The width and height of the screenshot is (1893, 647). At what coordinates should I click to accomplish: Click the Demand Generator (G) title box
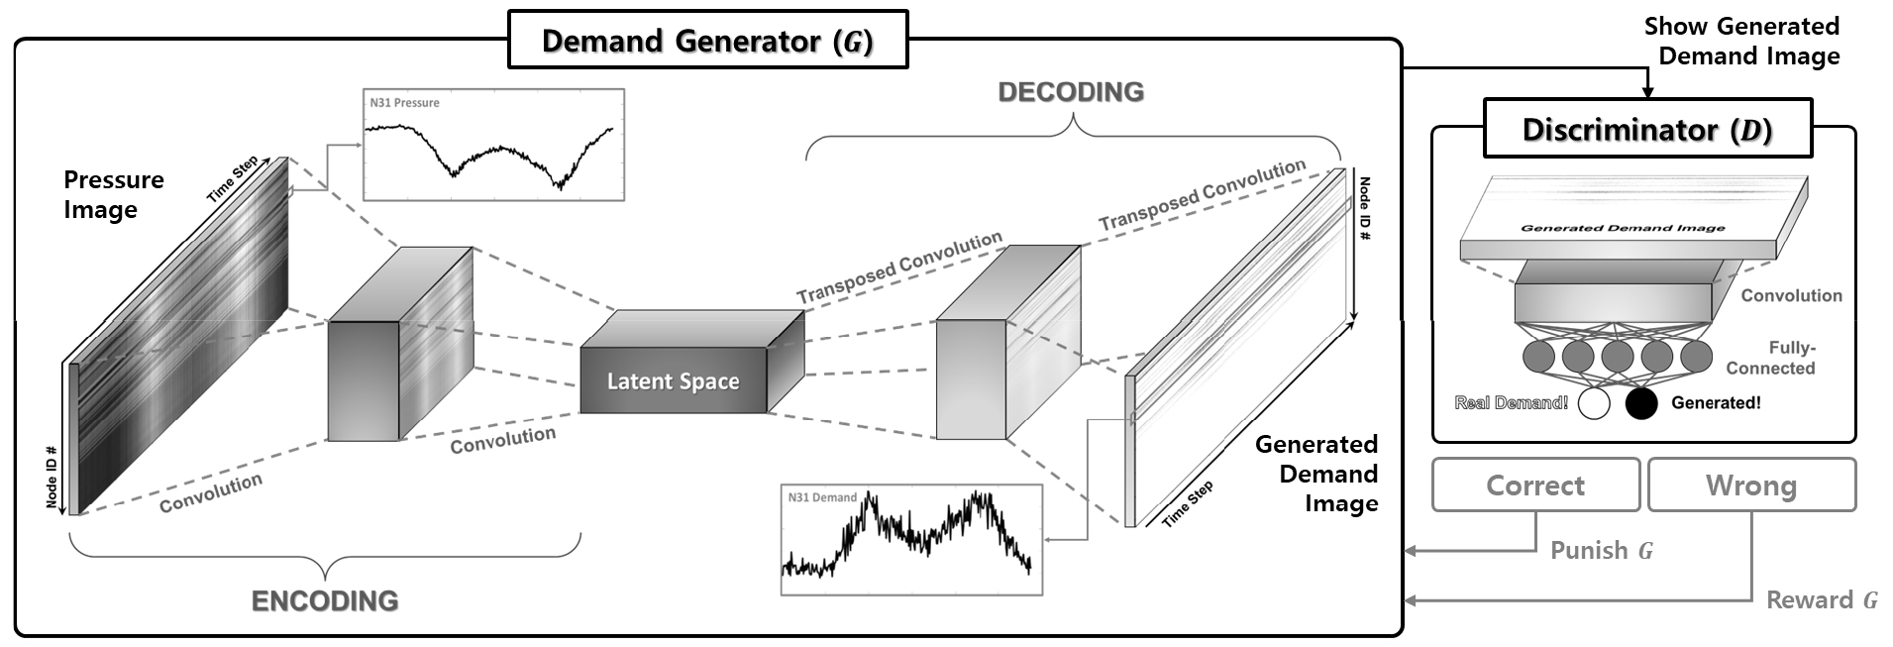[x=707, y=41]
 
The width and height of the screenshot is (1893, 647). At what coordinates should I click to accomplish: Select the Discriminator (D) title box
[x=1646, y=130]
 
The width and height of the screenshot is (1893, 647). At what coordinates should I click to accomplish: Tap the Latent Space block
[x=674, y=381]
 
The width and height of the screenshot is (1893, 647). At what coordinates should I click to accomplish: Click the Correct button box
[x=1535, y=485]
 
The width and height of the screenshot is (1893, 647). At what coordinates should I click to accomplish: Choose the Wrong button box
[x=1750, y=485]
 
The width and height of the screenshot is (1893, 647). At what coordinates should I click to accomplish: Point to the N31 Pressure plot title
[x=404, y=103]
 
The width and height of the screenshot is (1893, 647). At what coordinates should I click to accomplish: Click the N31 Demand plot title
[x=822, y=497]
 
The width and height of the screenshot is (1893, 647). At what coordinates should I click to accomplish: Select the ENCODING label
[x=325, y=601]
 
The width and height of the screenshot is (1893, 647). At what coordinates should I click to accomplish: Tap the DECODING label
[x=1071, y=92]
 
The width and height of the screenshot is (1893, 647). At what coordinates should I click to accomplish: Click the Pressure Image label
[x=113, y=194]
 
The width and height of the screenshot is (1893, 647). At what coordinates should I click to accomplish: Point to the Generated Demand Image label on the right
[x=1317, y=474]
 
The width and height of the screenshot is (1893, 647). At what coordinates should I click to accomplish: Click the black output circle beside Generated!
[x=1641, y=403]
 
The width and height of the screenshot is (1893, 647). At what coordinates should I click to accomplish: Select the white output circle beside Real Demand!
[x=1594, y=403]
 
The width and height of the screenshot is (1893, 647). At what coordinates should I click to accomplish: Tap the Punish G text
[x=1601, y=551]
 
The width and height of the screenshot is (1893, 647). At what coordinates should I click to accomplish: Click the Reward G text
[x=1821, y=600]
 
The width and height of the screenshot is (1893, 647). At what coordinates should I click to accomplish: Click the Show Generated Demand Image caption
[x=1741, y=41]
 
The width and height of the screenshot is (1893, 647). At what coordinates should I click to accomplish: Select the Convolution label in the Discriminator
[x=1791, y=295]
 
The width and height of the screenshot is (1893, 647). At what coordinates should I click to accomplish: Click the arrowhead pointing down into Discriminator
[x=1647, y=93]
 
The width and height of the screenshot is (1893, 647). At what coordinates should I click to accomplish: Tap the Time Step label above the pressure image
[x=233, y=178]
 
